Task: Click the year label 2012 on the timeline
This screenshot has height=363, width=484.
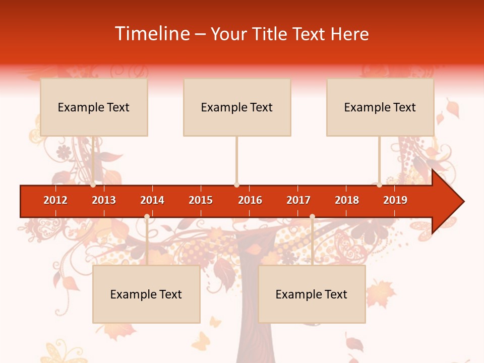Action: click(x=55, y=200)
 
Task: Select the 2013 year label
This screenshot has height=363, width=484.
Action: click(x=104, y=200)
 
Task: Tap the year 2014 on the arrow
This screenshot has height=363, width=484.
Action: click(x=152, y=200)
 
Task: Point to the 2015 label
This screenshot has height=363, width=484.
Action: click(x=201, y=200)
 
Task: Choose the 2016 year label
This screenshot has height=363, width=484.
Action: click(x=250, y=200)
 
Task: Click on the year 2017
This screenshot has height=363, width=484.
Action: click(x=298, y=200)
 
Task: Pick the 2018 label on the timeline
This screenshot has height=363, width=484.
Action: click(x=347, y=200)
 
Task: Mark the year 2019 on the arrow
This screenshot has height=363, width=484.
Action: click(x=395, y=200)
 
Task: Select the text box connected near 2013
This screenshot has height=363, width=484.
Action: click(x=94, y=107)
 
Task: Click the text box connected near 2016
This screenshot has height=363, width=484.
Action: click(x=237, y=107)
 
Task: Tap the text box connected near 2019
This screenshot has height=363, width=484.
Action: click(x=380, y=107)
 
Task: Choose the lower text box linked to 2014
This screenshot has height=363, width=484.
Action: click(x=146, y=294)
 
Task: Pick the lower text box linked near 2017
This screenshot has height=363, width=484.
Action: click(x=312, y=294)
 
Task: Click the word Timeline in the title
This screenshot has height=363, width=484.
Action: click(x=152, y=34)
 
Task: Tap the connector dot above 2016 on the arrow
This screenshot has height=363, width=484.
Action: click(x=236, y=185)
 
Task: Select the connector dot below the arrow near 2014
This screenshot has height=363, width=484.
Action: click(x=147, y=217)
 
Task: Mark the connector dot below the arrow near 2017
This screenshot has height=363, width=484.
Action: click(x=312, y=217)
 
